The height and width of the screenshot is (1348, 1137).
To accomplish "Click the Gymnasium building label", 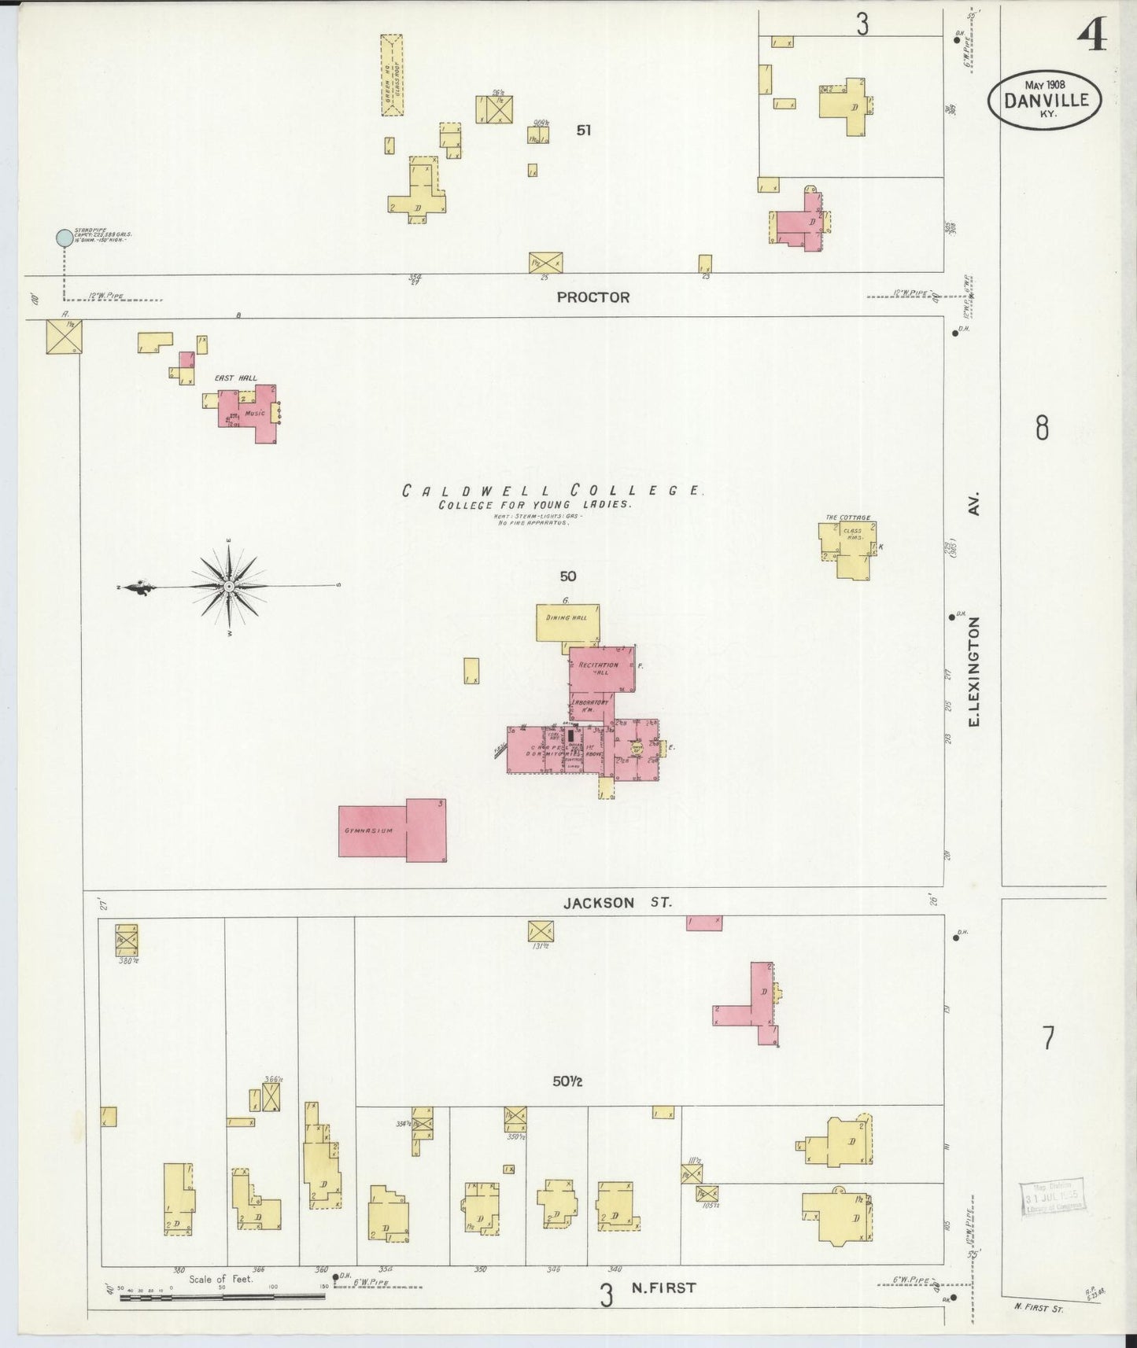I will pos(368,831).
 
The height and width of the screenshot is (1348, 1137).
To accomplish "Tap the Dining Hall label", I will pos(567,618).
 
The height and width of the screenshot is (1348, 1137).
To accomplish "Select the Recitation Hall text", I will pos(599,668).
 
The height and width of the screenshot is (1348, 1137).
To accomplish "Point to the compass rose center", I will pos(228,587).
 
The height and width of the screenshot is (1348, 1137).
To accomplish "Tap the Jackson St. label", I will pos(618,903).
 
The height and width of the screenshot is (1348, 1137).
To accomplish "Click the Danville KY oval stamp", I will pos(1045,101).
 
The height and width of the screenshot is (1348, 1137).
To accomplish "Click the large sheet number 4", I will pos(1092,33).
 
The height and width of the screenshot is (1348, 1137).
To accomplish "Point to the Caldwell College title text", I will pos(552,491).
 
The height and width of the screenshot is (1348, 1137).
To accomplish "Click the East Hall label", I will pos(236,378).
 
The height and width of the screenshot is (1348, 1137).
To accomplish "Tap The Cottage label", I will pos(847,517).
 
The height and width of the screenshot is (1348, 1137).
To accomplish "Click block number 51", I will pos(583,131).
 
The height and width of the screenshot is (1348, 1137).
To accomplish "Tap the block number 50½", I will pos(567,1081).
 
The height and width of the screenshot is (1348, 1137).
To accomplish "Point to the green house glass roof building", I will pos(392,75).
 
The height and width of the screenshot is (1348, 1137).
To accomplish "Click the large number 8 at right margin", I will pos(1042,429).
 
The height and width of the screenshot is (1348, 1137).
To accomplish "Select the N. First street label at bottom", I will pos(664,1288).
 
